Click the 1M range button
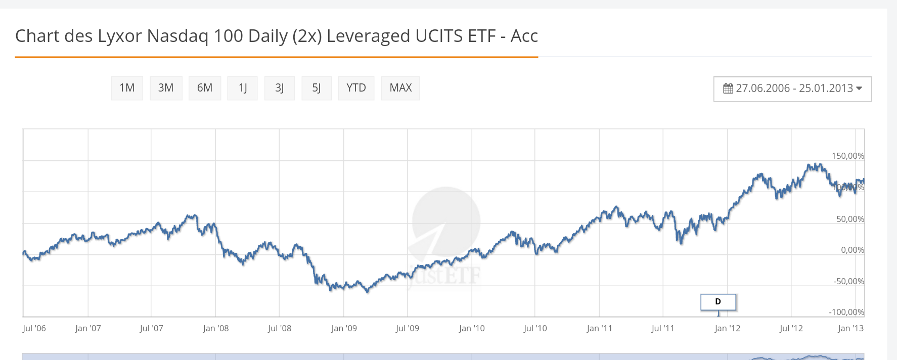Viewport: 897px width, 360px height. (x=127, y=88)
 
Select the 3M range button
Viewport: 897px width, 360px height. (x=166, y=88)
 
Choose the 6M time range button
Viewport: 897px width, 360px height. (x=205, y=88)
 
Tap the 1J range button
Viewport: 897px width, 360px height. (x=243, y=88)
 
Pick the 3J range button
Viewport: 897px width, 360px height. (x=280, y=88)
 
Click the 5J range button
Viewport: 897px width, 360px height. (x=317, y=88)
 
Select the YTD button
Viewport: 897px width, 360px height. (x=356, y=88)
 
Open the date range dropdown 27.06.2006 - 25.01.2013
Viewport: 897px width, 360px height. (x=792, y=88)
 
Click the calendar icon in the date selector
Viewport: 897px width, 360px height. (x=728, y=88)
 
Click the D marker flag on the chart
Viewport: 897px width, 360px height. (x=718, y=302)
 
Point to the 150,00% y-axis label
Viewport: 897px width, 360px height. (x=847, y=156)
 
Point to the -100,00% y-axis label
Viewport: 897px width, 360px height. (x=846, y=312)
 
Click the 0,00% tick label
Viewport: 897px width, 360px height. (x=852, y=250)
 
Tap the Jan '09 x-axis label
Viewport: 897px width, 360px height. (x=344, y=328)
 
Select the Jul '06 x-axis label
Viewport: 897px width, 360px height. (x=34, y=328)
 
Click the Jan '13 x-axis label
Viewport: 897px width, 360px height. (x=850, y=328)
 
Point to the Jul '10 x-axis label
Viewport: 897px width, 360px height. (x=535, y=328)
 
